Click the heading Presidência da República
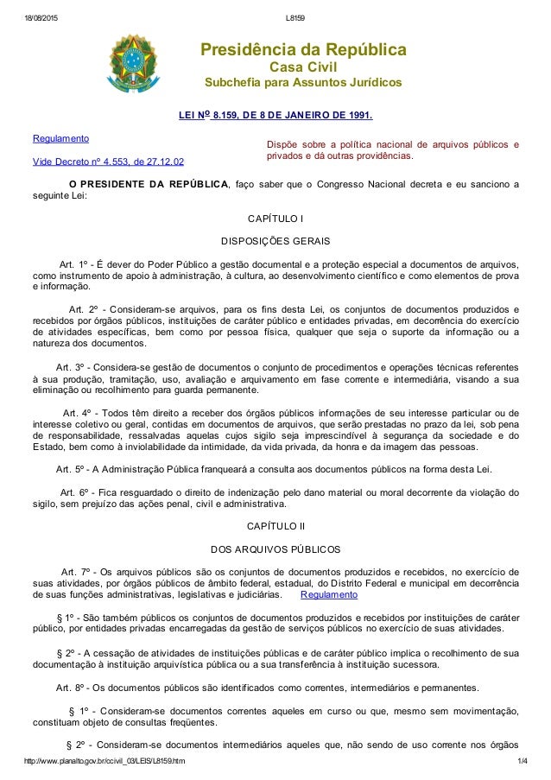point(303,49)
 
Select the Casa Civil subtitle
point(303,67)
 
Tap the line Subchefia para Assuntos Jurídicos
point(302,83)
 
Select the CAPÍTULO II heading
point(275,524)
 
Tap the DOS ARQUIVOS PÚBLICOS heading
point(275,549)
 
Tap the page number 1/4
point(522,760)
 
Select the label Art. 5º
point(69,469)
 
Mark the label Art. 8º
point(69,688)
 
